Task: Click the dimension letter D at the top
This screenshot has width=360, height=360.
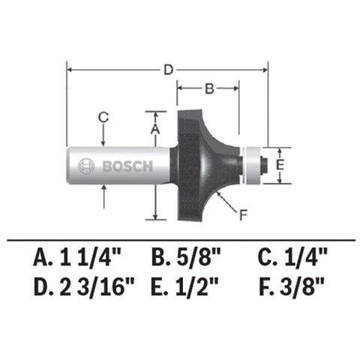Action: [169, 70]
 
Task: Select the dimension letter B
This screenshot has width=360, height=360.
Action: [210, 88]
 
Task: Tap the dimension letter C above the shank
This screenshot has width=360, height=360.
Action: [104, 116]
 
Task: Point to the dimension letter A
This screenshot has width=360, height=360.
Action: [155, 129]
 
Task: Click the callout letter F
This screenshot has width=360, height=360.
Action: [241, 217]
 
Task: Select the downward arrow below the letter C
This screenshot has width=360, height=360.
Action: [104, 136]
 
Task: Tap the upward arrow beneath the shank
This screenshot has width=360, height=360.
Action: [104, 196]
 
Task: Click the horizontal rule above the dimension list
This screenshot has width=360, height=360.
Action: [180, 239]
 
